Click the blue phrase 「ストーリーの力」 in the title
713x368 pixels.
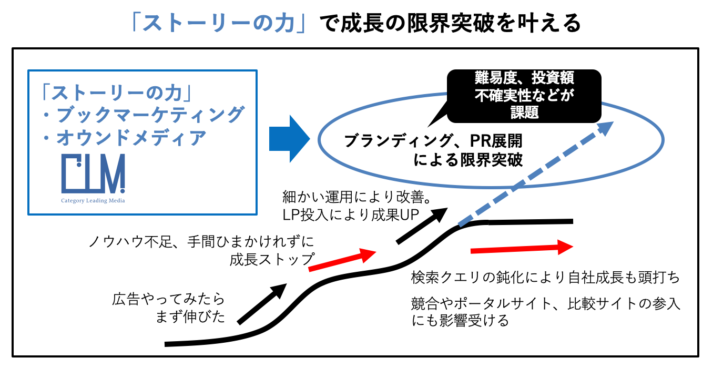(x=224, y=23)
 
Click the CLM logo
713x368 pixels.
(x=93, y=173)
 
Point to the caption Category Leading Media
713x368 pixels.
(x=93, y=200)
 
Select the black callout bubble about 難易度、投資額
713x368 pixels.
(x=524, y=95)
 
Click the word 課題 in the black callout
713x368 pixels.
(x=524, y=112)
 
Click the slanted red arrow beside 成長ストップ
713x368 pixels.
(x=342, y=261)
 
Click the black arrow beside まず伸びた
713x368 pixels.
(x=262, y=303)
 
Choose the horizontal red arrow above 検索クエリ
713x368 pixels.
(x=521, y=248)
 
